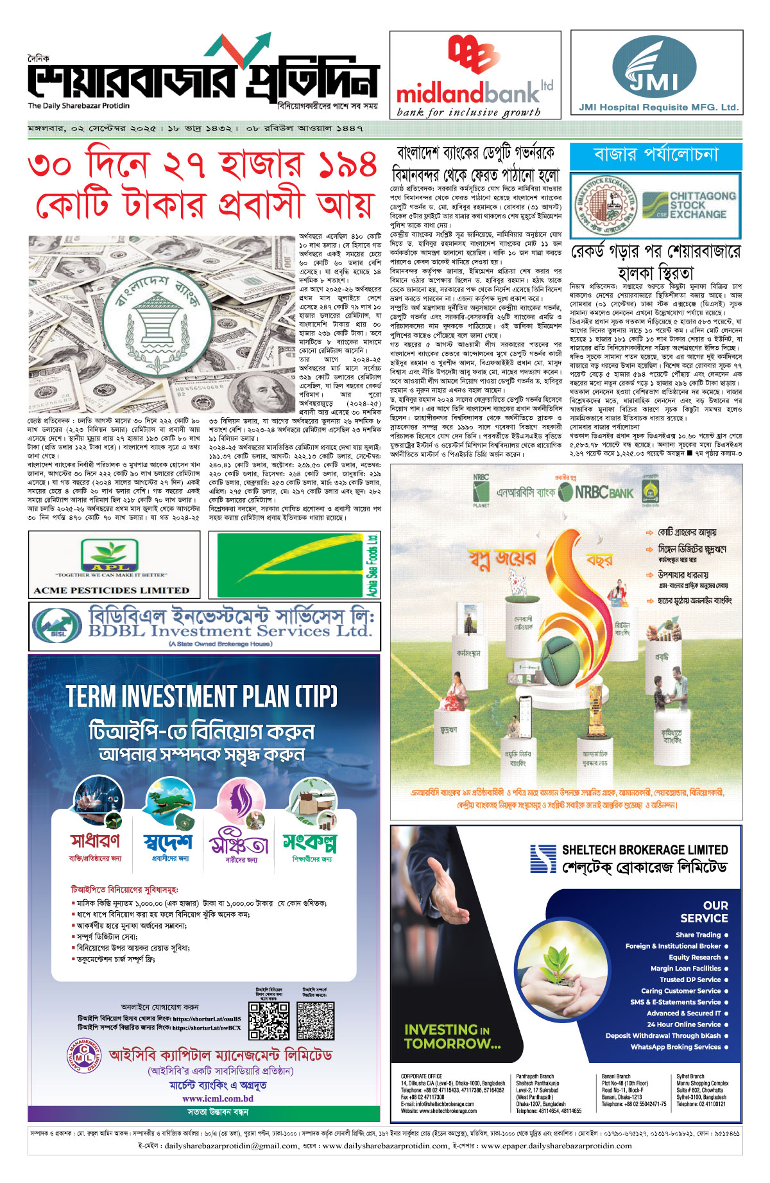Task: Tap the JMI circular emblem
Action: (654, 67)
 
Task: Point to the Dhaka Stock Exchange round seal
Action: (604, 205)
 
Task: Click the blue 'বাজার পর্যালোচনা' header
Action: (656, 155)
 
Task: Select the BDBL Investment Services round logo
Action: (56, 626)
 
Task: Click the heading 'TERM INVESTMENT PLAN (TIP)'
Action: (201, 696)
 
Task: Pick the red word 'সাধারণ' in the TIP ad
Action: (95, 841)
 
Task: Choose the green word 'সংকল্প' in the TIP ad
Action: (310, 842)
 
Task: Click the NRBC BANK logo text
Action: (603, 493)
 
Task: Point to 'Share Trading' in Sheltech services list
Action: (698, 935)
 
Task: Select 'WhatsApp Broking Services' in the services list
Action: (676, 1047)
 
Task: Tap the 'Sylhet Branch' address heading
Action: (690, 1076)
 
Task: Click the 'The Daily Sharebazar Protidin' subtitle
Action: (78, 106)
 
